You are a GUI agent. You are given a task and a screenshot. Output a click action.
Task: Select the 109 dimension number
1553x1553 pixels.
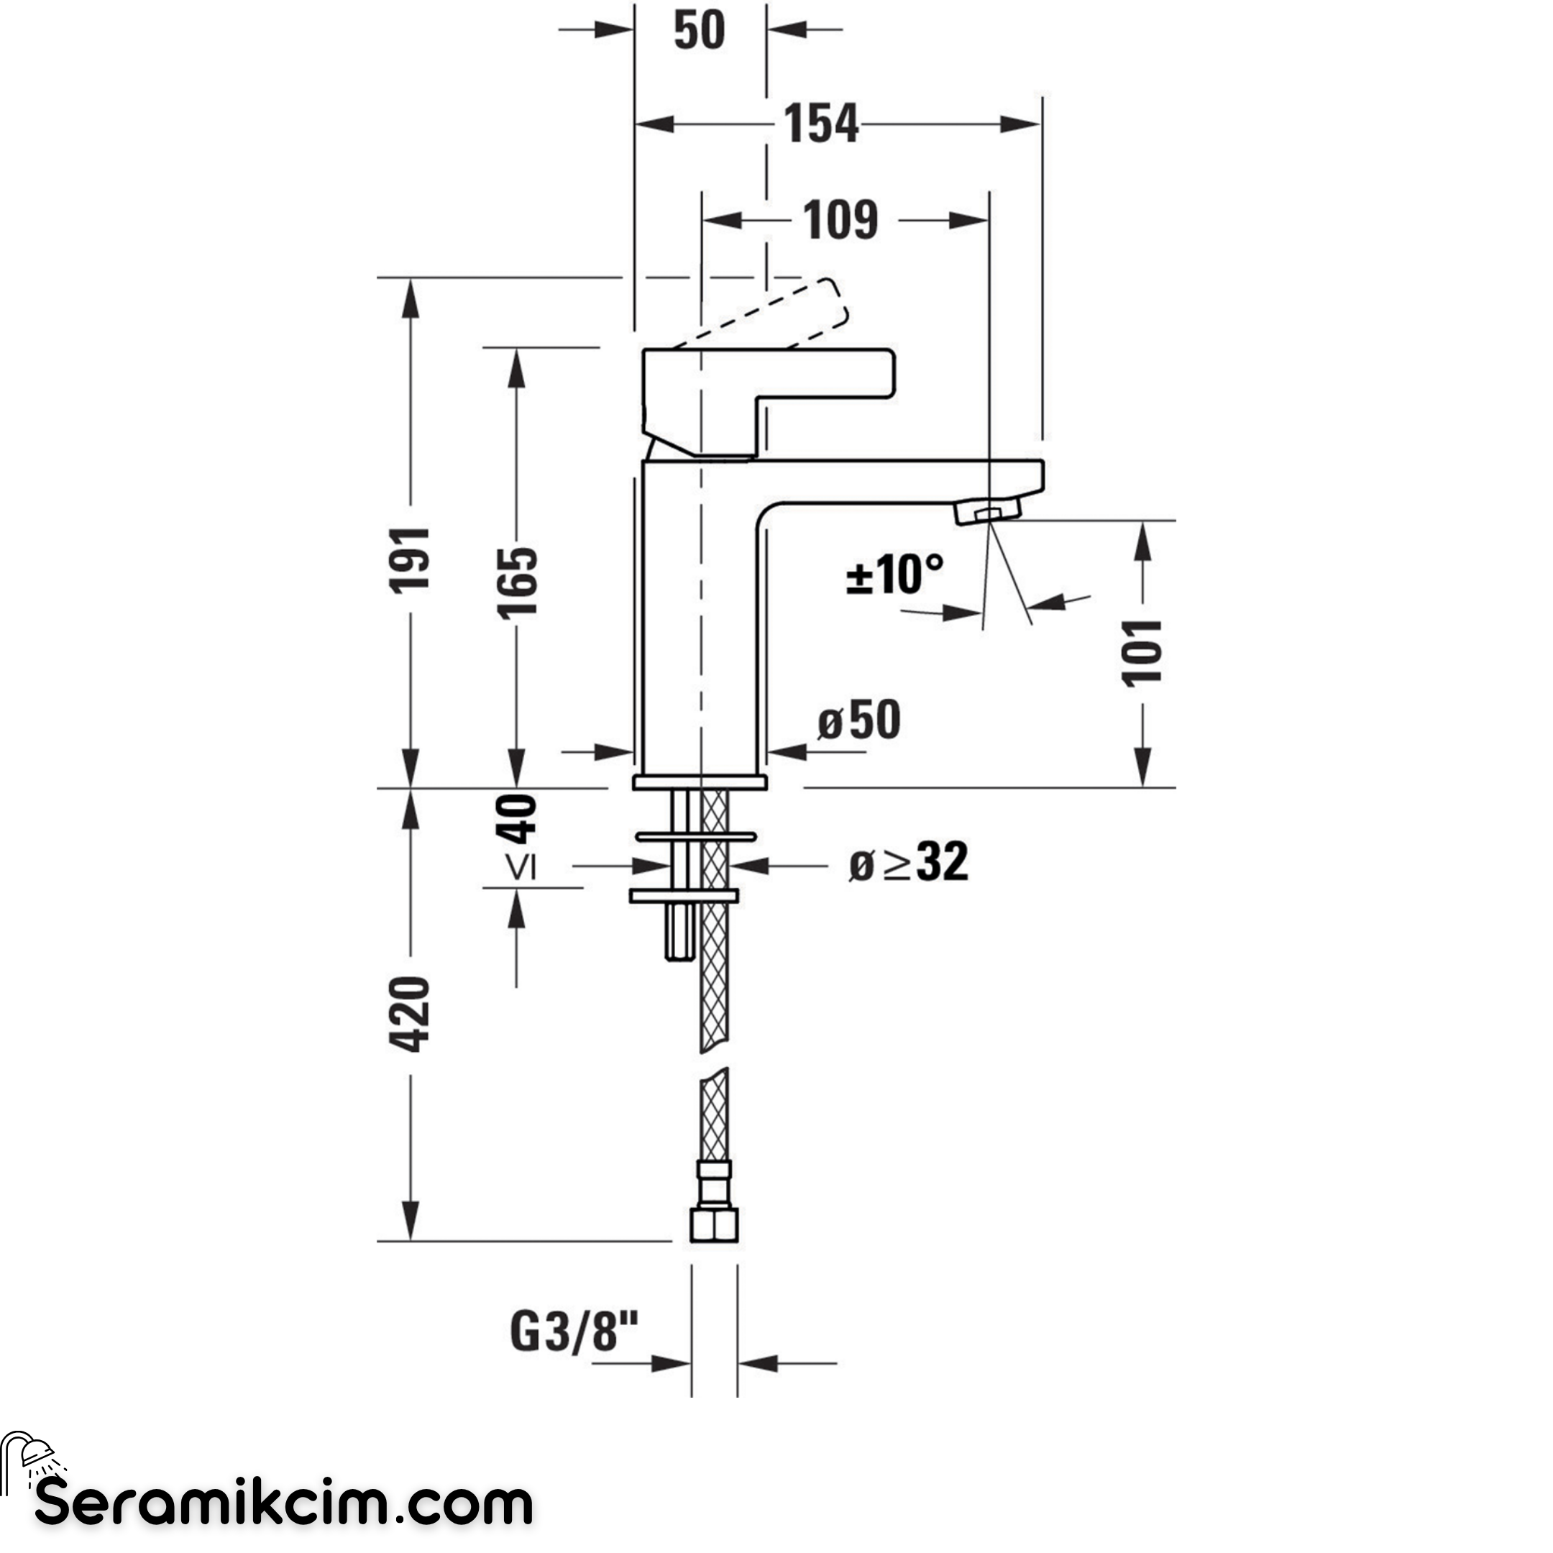(840, 220)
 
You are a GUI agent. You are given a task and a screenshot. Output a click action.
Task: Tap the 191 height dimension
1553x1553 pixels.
(410, 560)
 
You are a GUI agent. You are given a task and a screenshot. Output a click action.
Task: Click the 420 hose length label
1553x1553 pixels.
(410, 1014)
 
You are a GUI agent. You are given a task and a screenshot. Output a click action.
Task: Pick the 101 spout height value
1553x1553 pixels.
(1142, 653)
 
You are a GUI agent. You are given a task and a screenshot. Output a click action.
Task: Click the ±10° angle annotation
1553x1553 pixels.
(894, 574)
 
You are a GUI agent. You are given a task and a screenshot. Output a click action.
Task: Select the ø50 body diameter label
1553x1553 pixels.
(859, 720)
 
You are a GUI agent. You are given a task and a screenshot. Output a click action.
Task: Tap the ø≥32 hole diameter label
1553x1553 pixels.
(908, 862)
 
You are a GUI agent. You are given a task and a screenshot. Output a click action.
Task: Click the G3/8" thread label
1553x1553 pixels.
(574, 1332)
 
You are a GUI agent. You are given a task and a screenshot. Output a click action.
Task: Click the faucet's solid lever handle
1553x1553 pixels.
(769, 402)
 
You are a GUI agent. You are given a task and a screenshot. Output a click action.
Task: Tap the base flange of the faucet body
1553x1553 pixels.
(700, 782)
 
